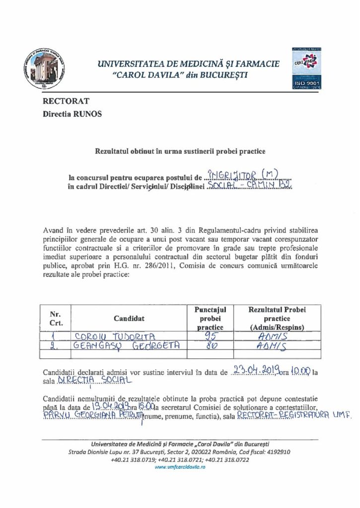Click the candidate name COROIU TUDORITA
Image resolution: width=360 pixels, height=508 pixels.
[x=115, y=336]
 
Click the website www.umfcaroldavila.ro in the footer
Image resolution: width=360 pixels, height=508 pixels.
[x=180, y=467]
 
